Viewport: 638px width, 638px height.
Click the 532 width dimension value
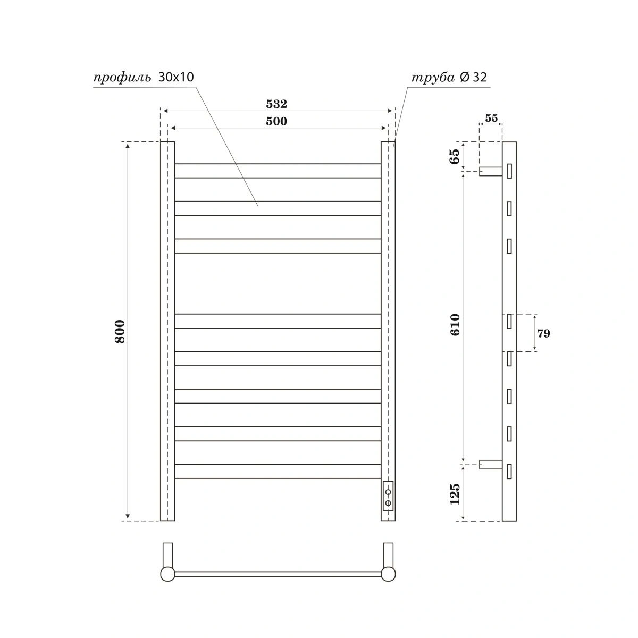(277, 104)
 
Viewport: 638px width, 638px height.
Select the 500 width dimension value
(276, 121)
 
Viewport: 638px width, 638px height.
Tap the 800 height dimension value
(120, 331)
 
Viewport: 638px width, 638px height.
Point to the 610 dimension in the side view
(455, 324)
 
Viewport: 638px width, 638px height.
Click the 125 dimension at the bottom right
(455, 494)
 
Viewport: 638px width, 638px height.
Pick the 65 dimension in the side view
(455, 157)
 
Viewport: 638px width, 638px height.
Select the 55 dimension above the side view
(491, 118)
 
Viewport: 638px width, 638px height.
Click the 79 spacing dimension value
(543, 334)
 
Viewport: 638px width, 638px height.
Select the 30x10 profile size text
(176, 77)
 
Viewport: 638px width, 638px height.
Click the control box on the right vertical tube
(388, 496)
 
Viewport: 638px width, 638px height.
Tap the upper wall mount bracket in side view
(490, 171)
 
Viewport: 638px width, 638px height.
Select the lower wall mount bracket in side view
(490, 464)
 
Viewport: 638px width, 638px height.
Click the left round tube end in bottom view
(167, 574)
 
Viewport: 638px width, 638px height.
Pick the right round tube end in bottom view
(388, 574)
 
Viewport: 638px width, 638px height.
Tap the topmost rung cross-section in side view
(509, 171)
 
